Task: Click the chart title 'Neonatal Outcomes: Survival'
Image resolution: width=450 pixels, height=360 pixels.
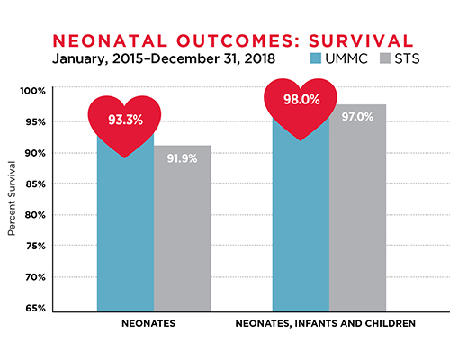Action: tap(225, 41)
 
